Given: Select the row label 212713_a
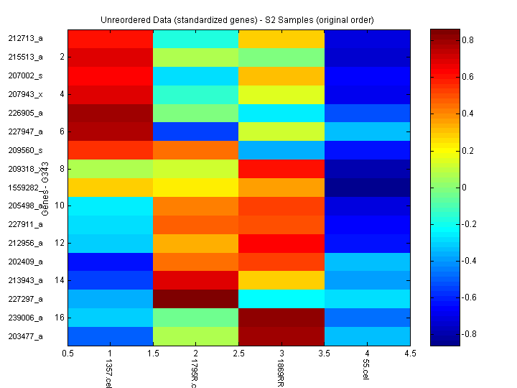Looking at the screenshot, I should click(x=26, y=38).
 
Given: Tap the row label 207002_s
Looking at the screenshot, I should click(x=26, y=75).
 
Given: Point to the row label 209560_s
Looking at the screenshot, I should click(x=26, y=150).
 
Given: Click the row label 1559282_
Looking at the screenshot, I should click(x=26, y=188).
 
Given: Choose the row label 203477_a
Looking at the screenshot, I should click(x=26, y=336).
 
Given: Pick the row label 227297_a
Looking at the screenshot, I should click(x=26, y=299).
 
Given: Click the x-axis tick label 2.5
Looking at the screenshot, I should click(x=238, y=354).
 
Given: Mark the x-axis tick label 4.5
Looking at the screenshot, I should click(x=409, y=354).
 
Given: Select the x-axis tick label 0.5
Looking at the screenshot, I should click(x=67, y=354).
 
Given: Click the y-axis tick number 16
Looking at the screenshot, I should click(x=60, y=317).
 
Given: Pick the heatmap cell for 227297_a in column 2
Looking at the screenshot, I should click(x=196, y=299).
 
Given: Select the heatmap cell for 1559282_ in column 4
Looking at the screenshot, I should click(x=367, y=188).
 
